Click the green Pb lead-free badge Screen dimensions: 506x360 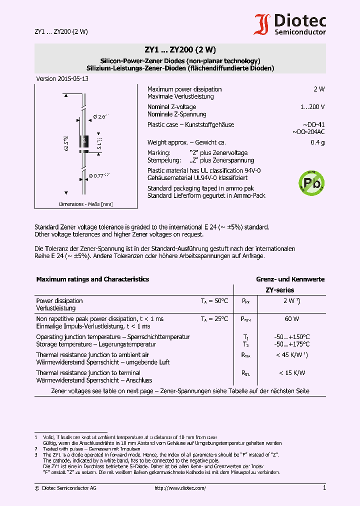click(311, 181)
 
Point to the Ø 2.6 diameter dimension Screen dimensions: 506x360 click(101, 116)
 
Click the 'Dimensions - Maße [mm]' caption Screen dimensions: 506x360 click(85, 204)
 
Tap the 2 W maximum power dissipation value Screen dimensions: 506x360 click(318, 89)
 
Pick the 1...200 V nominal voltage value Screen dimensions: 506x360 click(312, 107)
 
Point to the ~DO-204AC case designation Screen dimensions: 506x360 click(308, 132)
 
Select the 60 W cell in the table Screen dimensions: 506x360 click(292, 319)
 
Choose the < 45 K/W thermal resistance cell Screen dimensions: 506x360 click(291, 355)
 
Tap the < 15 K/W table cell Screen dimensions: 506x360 click(291, 373)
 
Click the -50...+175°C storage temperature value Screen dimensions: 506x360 click(292, 344)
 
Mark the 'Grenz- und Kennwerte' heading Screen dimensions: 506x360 click(290, 279)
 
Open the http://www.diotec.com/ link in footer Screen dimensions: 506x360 click(180, 488)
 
